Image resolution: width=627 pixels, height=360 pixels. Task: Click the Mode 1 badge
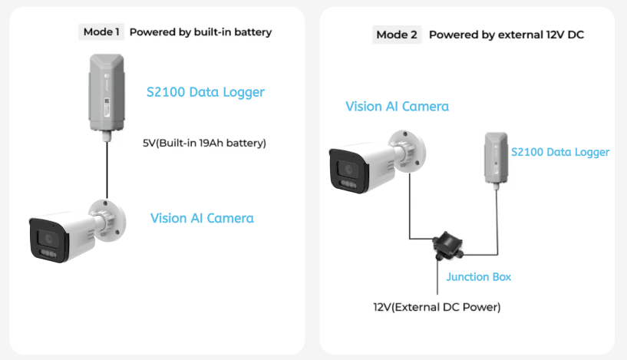pos(101,32)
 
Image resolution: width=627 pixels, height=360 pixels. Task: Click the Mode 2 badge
pos(397,35)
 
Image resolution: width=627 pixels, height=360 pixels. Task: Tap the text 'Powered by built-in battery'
pos(200,32)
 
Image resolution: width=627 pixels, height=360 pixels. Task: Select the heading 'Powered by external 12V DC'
pos(507,35)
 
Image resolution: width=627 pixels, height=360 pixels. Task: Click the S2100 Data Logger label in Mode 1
pos(205,92)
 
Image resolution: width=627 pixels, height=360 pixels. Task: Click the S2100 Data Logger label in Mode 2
pos(560,152)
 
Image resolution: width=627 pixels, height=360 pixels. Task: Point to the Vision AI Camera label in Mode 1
pos(202,218)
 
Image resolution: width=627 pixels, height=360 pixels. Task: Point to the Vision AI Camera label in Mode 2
pos(397,107)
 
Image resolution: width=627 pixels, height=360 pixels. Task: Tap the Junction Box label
pos(478,276)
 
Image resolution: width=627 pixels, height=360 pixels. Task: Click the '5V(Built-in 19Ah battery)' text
pos(204,143)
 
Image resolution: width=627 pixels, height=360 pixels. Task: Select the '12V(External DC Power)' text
pos(437,307)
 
